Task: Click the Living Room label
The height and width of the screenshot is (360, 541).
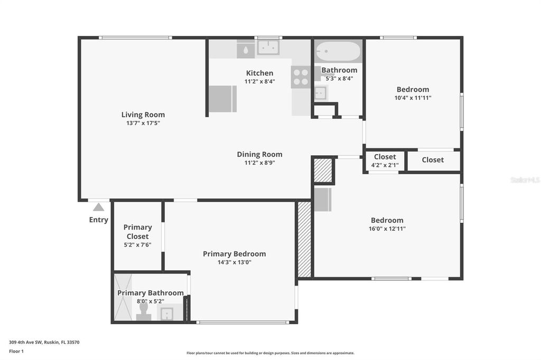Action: click(x=143, y=115)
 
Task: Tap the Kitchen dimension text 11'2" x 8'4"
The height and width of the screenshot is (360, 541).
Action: click(x=259, y=82)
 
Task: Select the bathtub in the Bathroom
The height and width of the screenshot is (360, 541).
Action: click(x=338, y=52)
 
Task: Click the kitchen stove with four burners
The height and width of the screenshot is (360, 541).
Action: click(x=301, y=77)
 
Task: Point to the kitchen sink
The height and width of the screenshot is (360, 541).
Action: click(x=268, y=48)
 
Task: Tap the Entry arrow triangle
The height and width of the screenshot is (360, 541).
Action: click(x=99, y=207)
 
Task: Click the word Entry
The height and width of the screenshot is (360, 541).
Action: click(x=99, y=220)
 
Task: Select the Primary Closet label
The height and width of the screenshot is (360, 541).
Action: click(x=137, y=232)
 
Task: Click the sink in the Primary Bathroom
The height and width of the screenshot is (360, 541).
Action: click(x=167, y=314)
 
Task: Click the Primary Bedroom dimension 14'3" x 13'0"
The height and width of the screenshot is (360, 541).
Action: click(x=234, y=262)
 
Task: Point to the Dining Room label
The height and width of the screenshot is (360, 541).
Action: click(x=259, y=154)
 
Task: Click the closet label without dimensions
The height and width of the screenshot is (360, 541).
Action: click(x=433, y=160)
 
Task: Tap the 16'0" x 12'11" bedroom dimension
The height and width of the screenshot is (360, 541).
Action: click(x=387, y=229)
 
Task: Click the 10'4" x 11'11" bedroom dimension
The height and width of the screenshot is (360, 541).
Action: click(x=413, y=98)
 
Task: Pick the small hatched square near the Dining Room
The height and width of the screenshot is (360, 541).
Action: click(x=322, y=170)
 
